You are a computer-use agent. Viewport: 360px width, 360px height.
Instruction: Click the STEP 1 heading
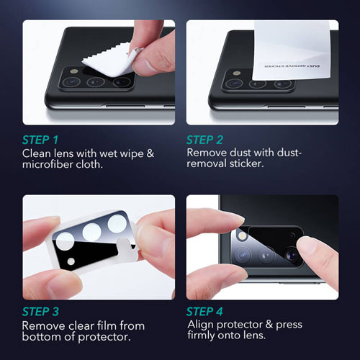click(x=40, y=140)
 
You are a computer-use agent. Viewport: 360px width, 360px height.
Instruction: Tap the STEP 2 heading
click(x=204, y=140)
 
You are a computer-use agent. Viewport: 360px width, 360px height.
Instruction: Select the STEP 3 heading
click(x=40, y=312)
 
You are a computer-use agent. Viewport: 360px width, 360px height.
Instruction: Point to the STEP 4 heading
click(x=204, y=312)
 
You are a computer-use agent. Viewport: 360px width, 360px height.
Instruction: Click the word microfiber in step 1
click(x=48, y=164)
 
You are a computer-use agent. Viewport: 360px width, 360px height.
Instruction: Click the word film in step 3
click(x=106, y=325)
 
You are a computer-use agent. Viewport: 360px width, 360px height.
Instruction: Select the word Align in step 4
click(x=200, y=325)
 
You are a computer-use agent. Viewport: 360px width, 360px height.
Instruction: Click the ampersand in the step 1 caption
click(x=150, y=153)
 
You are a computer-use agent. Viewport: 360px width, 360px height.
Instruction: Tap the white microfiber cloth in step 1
click(x=110, y=62)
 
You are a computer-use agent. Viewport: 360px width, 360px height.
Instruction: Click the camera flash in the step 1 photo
click(x=74, y=71)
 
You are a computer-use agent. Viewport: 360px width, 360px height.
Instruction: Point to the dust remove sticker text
click(x=292, y=66)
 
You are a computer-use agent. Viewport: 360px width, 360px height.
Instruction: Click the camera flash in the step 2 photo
click(x=237, y=73)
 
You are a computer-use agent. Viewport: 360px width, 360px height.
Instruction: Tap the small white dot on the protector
click(x=71, y=261)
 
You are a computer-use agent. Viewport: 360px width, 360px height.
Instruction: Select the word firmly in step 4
click(x=201, y=336)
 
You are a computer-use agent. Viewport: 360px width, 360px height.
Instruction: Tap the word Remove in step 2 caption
click(x=207, y=153)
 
